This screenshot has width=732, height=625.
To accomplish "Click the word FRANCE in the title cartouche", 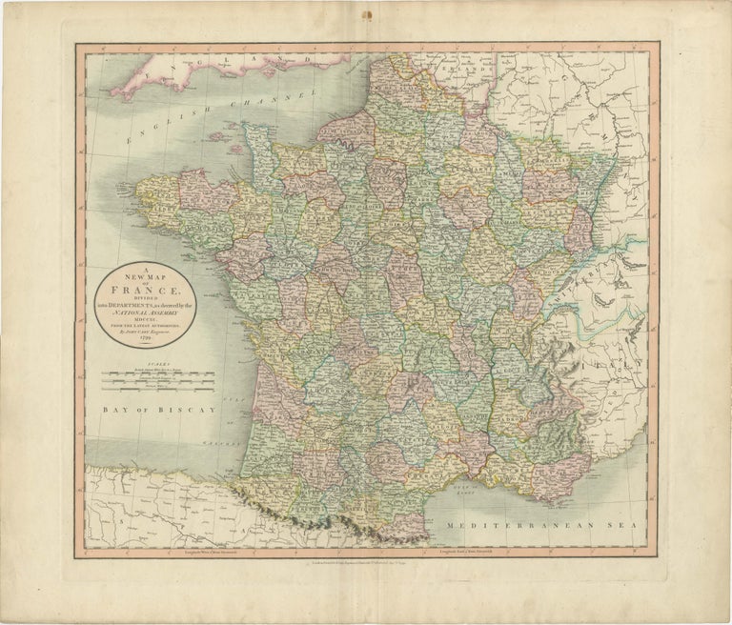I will [x=142, y=284].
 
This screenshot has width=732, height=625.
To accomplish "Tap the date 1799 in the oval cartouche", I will [x=142, y=333].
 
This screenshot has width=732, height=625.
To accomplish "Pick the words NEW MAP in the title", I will [x=142, y=271].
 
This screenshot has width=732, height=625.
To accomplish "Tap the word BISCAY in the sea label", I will [x=188, y=409].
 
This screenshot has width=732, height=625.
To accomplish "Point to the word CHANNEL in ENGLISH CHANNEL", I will [x=286, y=101].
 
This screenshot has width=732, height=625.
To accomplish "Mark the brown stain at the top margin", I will [x=366, y=13].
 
